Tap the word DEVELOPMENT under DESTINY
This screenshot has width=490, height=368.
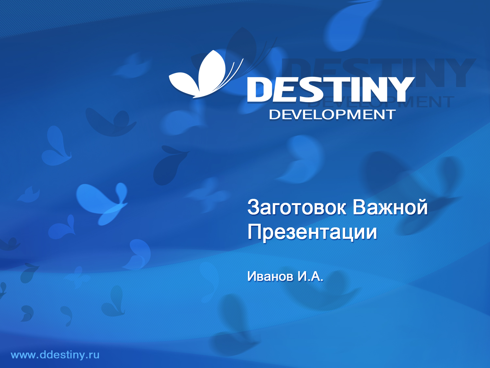[x=332, y=115]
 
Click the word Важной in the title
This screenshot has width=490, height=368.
[x=390, y=207]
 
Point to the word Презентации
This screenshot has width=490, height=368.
[x=312, y=232]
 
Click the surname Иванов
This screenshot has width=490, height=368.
[x=270, y=276]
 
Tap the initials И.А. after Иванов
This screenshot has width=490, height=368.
[x=310, y=276]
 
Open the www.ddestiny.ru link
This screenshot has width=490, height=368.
[x=55, y=355]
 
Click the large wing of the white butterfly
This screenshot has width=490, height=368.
[x=212, y=70]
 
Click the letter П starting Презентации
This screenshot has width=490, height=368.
[x=254, y=232]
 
